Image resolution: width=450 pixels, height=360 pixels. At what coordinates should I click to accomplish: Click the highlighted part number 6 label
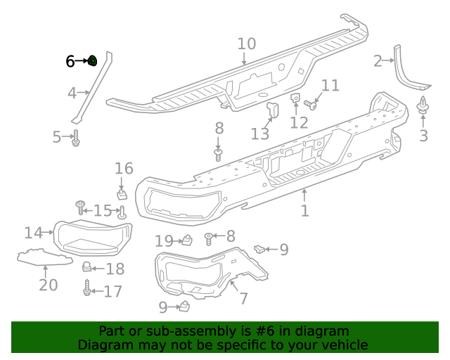[70, 61]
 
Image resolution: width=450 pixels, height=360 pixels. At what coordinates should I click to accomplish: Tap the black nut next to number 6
[92, 61]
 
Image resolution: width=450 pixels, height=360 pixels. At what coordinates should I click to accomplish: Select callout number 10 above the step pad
[246, 44]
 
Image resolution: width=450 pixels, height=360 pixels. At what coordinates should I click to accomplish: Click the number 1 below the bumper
[304, 211]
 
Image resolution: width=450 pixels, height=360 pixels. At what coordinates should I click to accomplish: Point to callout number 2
[378, 61]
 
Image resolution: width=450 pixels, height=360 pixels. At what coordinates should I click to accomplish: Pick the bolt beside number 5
[76, 139]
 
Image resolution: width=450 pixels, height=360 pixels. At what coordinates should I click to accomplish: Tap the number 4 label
[72, 93]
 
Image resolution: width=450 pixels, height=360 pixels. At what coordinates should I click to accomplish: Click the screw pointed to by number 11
[311, 106]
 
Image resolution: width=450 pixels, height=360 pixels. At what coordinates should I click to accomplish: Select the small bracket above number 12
[296, 99]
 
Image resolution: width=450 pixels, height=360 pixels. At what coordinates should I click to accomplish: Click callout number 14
[32, 232]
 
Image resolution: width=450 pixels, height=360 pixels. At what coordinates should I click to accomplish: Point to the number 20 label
[48, 284]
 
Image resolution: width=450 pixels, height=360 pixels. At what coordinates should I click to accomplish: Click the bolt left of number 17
[87, 289]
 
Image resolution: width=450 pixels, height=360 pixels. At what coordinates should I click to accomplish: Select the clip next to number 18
[88, 266]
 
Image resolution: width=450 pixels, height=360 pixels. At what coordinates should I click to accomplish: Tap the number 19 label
[164, 241]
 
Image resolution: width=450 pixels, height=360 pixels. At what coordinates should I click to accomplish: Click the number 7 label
[243, 298]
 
